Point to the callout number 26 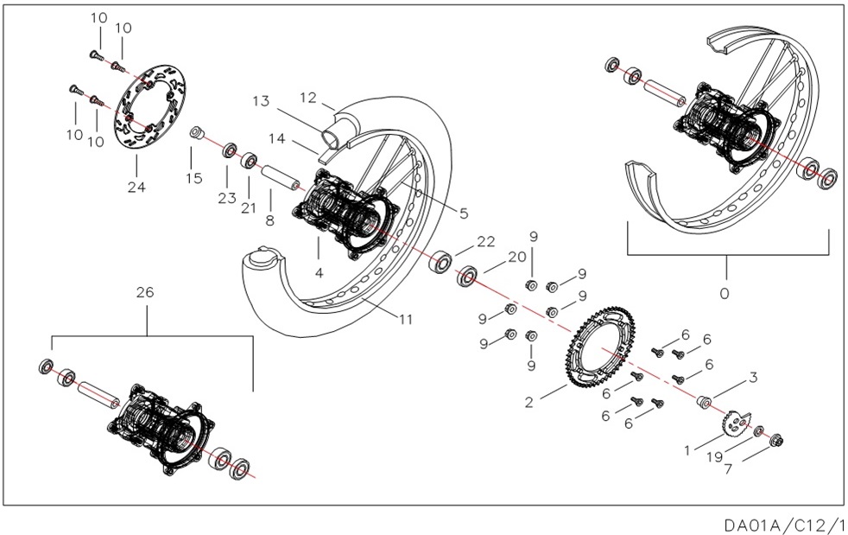coord(144,292)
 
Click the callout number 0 coord(725,292)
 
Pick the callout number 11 coord(406,319)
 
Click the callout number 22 coord(486,241)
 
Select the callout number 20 coord(516,257)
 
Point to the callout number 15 coord(193,178)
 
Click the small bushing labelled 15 coord(197,134)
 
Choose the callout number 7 coord(729,471)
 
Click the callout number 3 coord(753,377)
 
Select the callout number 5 coord(463,213)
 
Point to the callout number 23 coord(227,198)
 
